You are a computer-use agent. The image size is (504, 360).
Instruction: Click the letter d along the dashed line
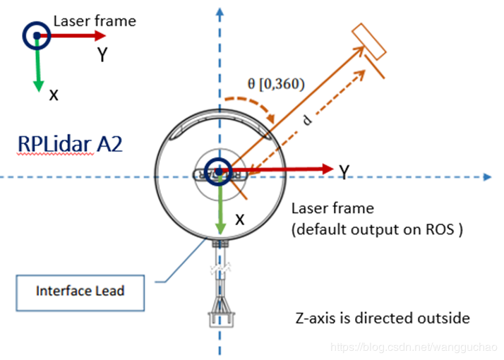coord(307,119)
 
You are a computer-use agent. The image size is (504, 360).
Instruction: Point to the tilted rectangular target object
coord(370,42)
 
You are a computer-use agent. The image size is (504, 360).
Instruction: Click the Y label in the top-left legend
coord(102,55)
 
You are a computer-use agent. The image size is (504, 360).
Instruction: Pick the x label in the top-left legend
coord(54,94)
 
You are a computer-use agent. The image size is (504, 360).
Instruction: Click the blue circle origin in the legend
coord(35,34)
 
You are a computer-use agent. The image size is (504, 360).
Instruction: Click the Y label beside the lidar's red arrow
coord(344,172)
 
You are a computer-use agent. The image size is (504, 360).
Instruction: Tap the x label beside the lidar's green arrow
coord(239,220)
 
